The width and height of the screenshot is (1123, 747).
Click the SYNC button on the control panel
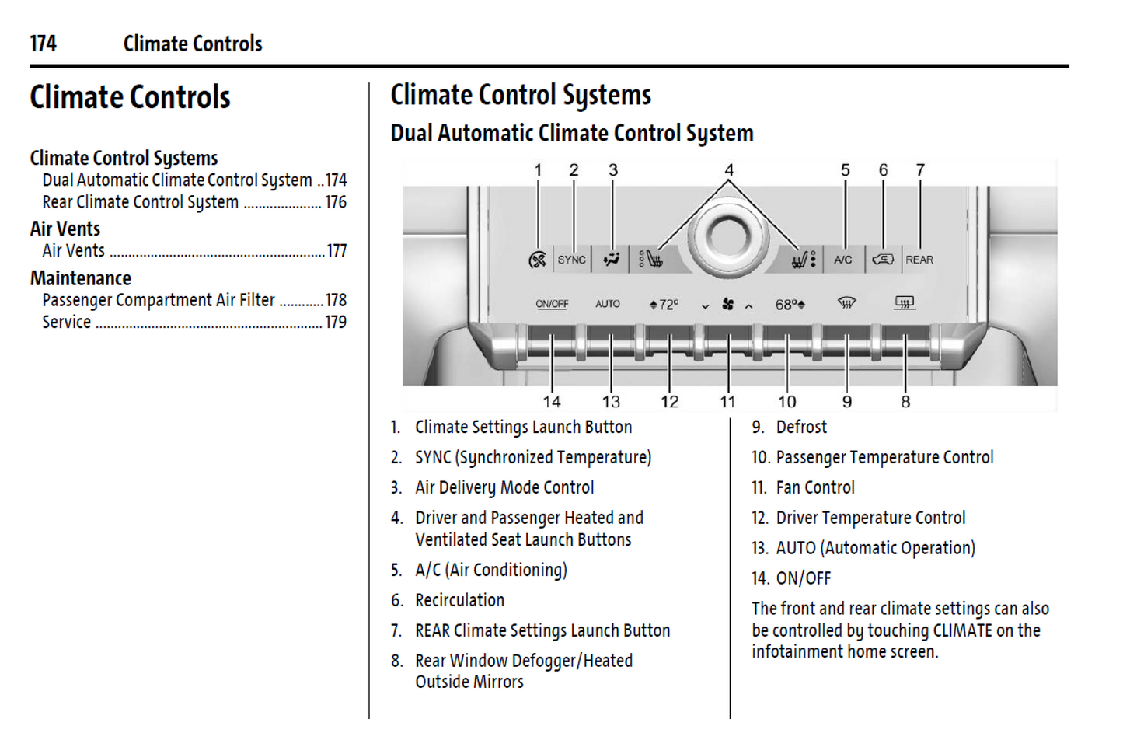point(571,260)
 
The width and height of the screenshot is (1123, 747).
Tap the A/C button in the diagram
point(842,260)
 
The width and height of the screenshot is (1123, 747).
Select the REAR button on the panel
point(919,260)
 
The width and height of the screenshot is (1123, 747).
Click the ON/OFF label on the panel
point(552,304)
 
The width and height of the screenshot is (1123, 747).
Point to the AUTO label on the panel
point(608,304)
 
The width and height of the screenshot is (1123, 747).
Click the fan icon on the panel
point(727,304)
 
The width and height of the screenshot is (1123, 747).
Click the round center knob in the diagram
point(727,236)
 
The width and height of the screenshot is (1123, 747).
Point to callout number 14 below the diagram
point(552,402)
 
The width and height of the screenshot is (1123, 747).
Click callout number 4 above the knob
point(729,170)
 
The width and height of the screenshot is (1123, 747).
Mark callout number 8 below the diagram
point(905,402)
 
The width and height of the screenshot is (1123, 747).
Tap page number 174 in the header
point(44,44)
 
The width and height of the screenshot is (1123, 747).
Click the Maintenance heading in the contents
point(81,278)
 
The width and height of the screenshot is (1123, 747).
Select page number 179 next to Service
point(336,322)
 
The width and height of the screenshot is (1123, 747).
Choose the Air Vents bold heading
point(65,229)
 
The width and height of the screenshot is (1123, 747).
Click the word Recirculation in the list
point(460,600)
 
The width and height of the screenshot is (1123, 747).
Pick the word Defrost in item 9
point(801,427)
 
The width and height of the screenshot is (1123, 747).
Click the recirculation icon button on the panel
point(882,260)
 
